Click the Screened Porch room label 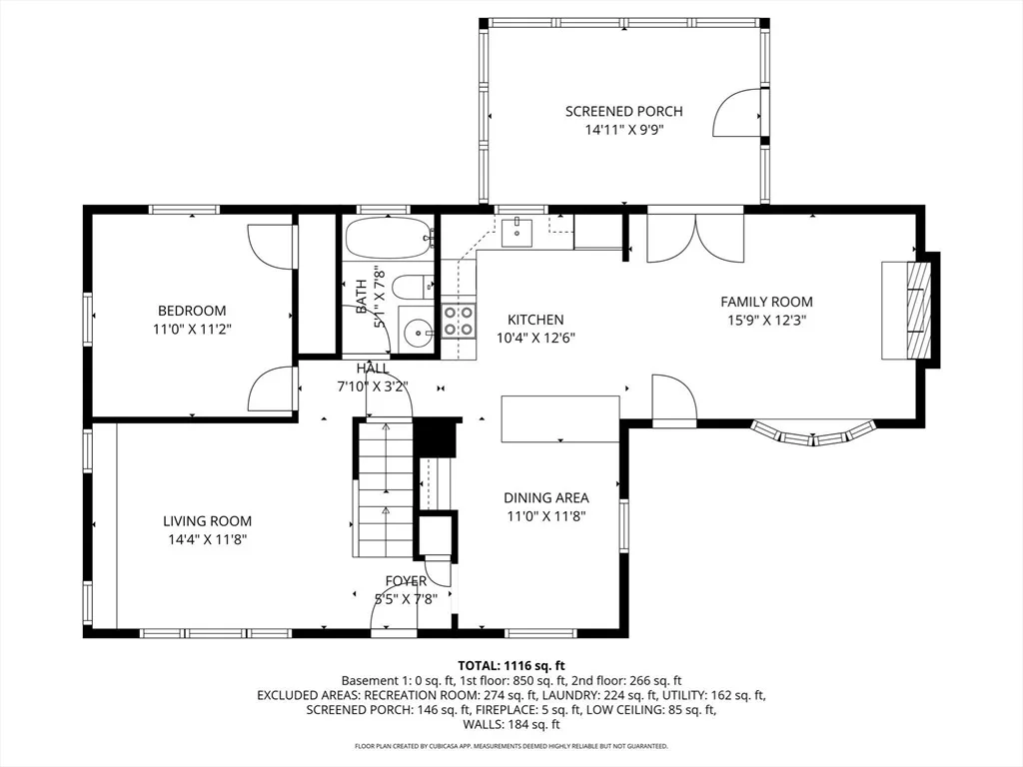point(623,112)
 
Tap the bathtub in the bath point(389,238)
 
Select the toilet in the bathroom point(415,287)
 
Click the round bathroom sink point(416,334)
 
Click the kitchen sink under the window point(516,233)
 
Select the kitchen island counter point(559,418)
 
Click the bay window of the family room point(813,433)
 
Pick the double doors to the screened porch point(695,236)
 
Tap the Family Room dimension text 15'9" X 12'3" point(766,321)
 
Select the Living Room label point(207,521)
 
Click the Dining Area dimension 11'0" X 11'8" point(546,516)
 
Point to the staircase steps point(386,487)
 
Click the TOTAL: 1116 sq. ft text point(511,666)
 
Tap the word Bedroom point(192,311)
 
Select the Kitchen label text point(535,320)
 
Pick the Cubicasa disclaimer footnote point(511,745)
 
